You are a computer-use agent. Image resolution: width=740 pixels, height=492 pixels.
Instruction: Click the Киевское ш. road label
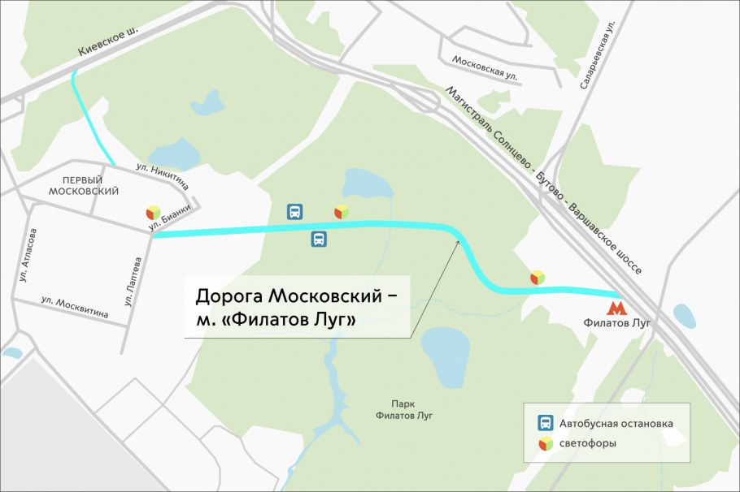coord(108,39)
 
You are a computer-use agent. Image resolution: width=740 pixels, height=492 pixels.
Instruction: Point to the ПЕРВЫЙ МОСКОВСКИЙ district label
coord(84,185)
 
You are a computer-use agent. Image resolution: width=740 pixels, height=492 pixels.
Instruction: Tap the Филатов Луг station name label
coord(618,323)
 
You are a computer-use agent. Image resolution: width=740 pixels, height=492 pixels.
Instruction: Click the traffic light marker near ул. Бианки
coord(152,213)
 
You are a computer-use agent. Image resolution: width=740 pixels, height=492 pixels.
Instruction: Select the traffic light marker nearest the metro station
coord(537,278)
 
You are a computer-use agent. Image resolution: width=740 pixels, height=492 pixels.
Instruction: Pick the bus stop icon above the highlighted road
coord(294,212)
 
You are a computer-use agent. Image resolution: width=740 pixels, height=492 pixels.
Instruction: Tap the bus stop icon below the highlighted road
coord(320,239)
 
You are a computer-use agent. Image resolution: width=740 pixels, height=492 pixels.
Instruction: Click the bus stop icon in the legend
coord(546,423)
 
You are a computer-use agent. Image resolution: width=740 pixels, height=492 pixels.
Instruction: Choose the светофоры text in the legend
coord(588,443)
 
